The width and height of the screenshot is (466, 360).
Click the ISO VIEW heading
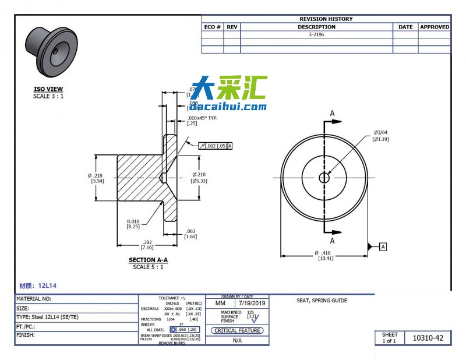click(48, 89)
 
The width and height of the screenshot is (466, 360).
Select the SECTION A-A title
click(148, 260)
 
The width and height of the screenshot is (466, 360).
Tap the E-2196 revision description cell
click(316, 35)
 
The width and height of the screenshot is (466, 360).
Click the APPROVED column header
click(435, 27)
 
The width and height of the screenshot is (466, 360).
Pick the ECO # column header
click(213, 27)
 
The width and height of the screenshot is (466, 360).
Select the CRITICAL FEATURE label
click(236, 330)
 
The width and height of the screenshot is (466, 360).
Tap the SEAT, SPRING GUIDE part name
click(322, 301)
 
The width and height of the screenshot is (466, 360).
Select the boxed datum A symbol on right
click(383, 247)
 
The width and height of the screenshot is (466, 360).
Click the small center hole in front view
click(324, 178)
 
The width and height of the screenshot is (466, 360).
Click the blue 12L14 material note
click(38, 286)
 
